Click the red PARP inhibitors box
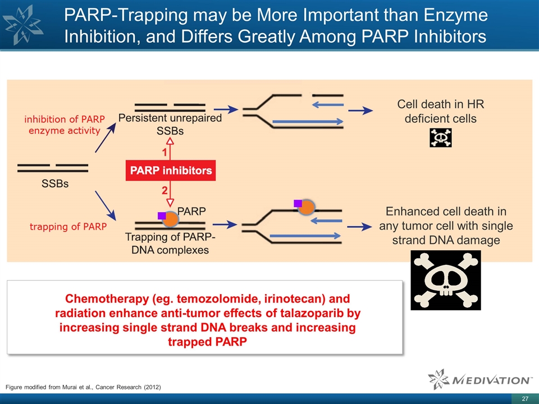tap(170, 171)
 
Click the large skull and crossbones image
tap(446, 280)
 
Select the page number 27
tap(525, 398)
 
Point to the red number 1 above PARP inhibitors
tap(166, 153)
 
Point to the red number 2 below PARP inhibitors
tap(166, 189)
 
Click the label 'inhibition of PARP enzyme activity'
tap(62, 125)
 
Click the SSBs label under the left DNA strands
tap(54, 184)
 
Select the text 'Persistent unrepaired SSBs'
tap(170, 124)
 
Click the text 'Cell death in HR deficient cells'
tap(440, 112)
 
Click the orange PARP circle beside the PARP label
tap(171, 219)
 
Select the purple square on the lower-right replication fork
tap(298, 203)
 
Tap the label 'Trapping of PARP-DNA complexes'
tap(170, 244)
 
